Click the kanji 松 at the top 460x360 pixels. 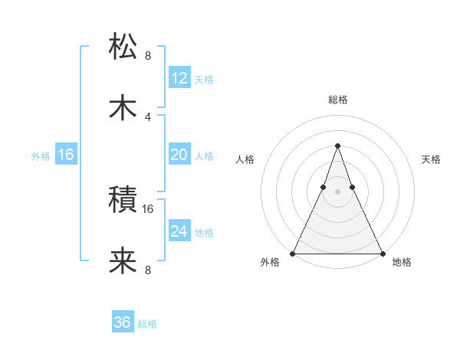pos(123,47)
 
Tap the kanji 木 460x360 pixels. pos(123,106)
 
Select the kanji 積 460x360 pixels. pos(123,201)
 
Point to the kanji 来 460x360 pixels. pos(123,261)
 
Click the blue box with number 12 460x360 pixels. pos(179,78)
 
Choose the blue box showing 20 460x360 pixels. pos(179,155)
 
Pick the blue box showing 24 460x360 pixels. pos(179,231)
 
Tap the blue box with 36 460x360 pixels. pos(123,322)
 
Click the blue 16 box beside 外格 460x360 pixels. pos(66,155)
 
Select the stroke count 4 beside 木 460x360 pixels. pos(148,116)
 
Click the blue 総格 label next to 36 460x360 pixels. pos(147,324)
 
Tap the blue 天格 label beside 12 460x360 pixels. pos(204,80)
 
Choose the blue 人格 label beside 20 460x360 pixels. pos(204,156)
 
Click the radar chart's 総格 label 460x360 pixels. pos(337,100)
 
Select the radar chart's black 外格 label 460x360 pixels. pos(269,263)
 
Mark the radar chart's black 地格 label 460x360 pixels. pos(402,263)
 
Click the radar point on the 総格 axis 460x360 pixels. pos(337,146)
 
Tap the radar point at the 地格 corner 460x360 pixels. pos(382,253)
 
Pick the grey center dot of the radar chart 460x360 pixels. pos(337,191)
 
